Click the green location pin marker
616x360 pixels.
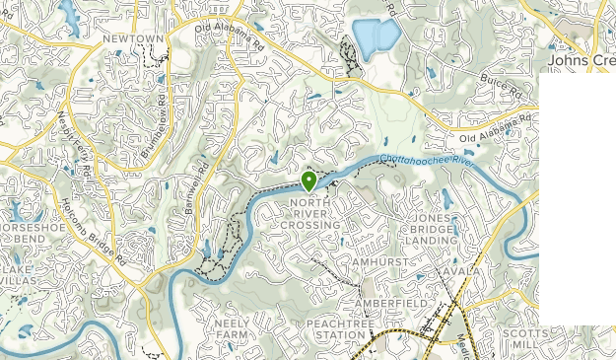point(308,181)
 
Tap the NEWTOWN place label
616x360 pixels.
point(132,38)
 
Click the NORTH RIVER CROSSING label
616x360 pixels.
point(315,214)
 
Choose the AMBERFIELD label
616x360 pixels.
point(391,303)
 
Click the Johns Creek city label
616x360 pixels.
point(582,60)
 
